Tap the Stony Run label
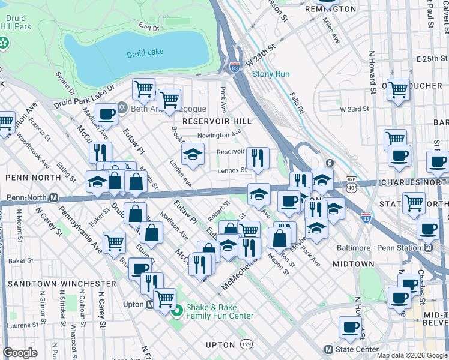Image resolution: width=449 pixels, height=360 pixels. (271, 74)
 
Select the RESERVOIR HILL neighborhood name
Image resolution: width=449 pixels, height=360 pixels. (216, 121)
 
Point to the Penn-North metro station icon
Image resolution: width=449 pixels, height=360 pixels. (53, 197)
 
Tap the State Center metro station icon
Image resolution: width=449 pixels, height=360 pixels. (328, 349)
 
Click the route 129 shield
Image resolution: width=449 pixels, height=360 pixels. (247, 345)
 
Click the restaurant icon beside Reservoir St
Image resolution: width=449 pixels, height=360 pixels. (258, 158)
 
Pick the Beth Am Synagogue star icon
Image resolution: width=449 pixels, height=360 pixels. (123, 108)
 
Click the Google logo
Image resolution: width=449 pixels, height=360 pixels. (20, 353)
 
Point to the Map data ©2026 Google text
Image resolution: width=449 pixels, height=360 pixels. (412, 355)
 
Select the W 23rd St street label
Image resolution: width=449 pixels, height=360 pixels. (354, 109)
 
